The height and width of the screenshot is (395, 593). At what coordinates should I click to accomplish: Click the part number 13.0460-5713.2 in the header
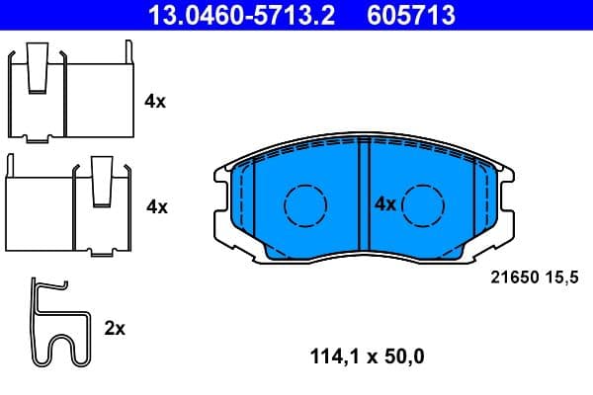(228, 14)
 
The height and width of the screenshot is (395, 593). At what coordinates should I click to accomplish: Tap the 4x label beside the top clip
(154, 102)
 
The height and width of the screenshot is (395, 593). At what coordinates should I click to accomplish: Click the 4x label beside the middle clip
(156, 206)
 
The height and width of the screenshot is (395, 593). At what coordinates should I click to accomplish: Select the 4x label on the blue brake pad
(384, 204)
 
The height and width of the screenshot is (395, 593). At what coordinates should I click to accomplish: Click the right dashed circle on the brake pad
(424, 205)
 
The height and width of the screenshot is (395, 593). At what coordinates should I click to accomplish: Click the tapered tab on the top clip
(40, 65)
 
